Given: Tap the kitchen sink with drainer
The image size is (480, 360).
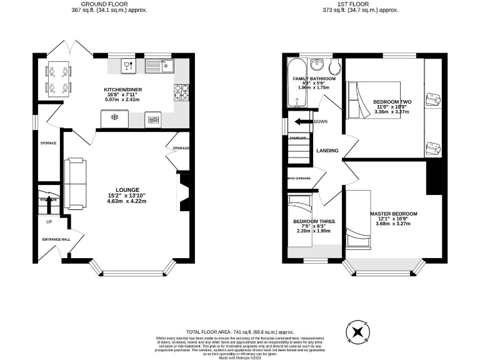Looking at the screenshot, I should [x=153, y=64].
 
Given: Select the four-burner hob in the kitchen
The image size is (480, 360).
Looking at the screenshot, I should [x=181, y=92].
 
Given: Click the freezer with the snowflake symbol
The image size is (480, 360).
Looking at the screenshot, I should [x=114, y=117].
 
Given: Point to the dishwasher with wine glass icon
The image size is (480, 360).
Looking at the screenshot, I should [x=128, y=64].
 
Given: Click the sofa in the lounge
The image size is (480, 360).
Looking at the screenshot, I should [x=74, y=184].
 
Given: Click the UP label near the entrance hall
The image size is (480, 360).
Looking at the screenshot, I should [x=48, y=221].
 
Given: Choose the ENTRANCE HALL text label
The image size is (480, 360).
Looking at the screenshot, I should [x=56, y=239].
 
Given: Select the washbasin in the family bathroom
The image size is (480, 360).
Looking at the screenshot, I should [x=317, y=64].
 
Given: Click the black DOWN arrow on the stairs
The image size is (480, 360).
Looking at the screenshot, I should [x=303, y=121].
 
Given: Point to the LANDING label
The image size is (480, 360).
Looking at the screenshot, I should [x=327, y=151].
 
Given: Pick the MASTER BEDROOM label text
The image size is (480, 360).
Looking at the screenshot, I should [x=393, y=214].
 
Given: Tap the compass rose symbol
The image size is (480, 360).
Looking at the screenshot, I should [x=357, y=332].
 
